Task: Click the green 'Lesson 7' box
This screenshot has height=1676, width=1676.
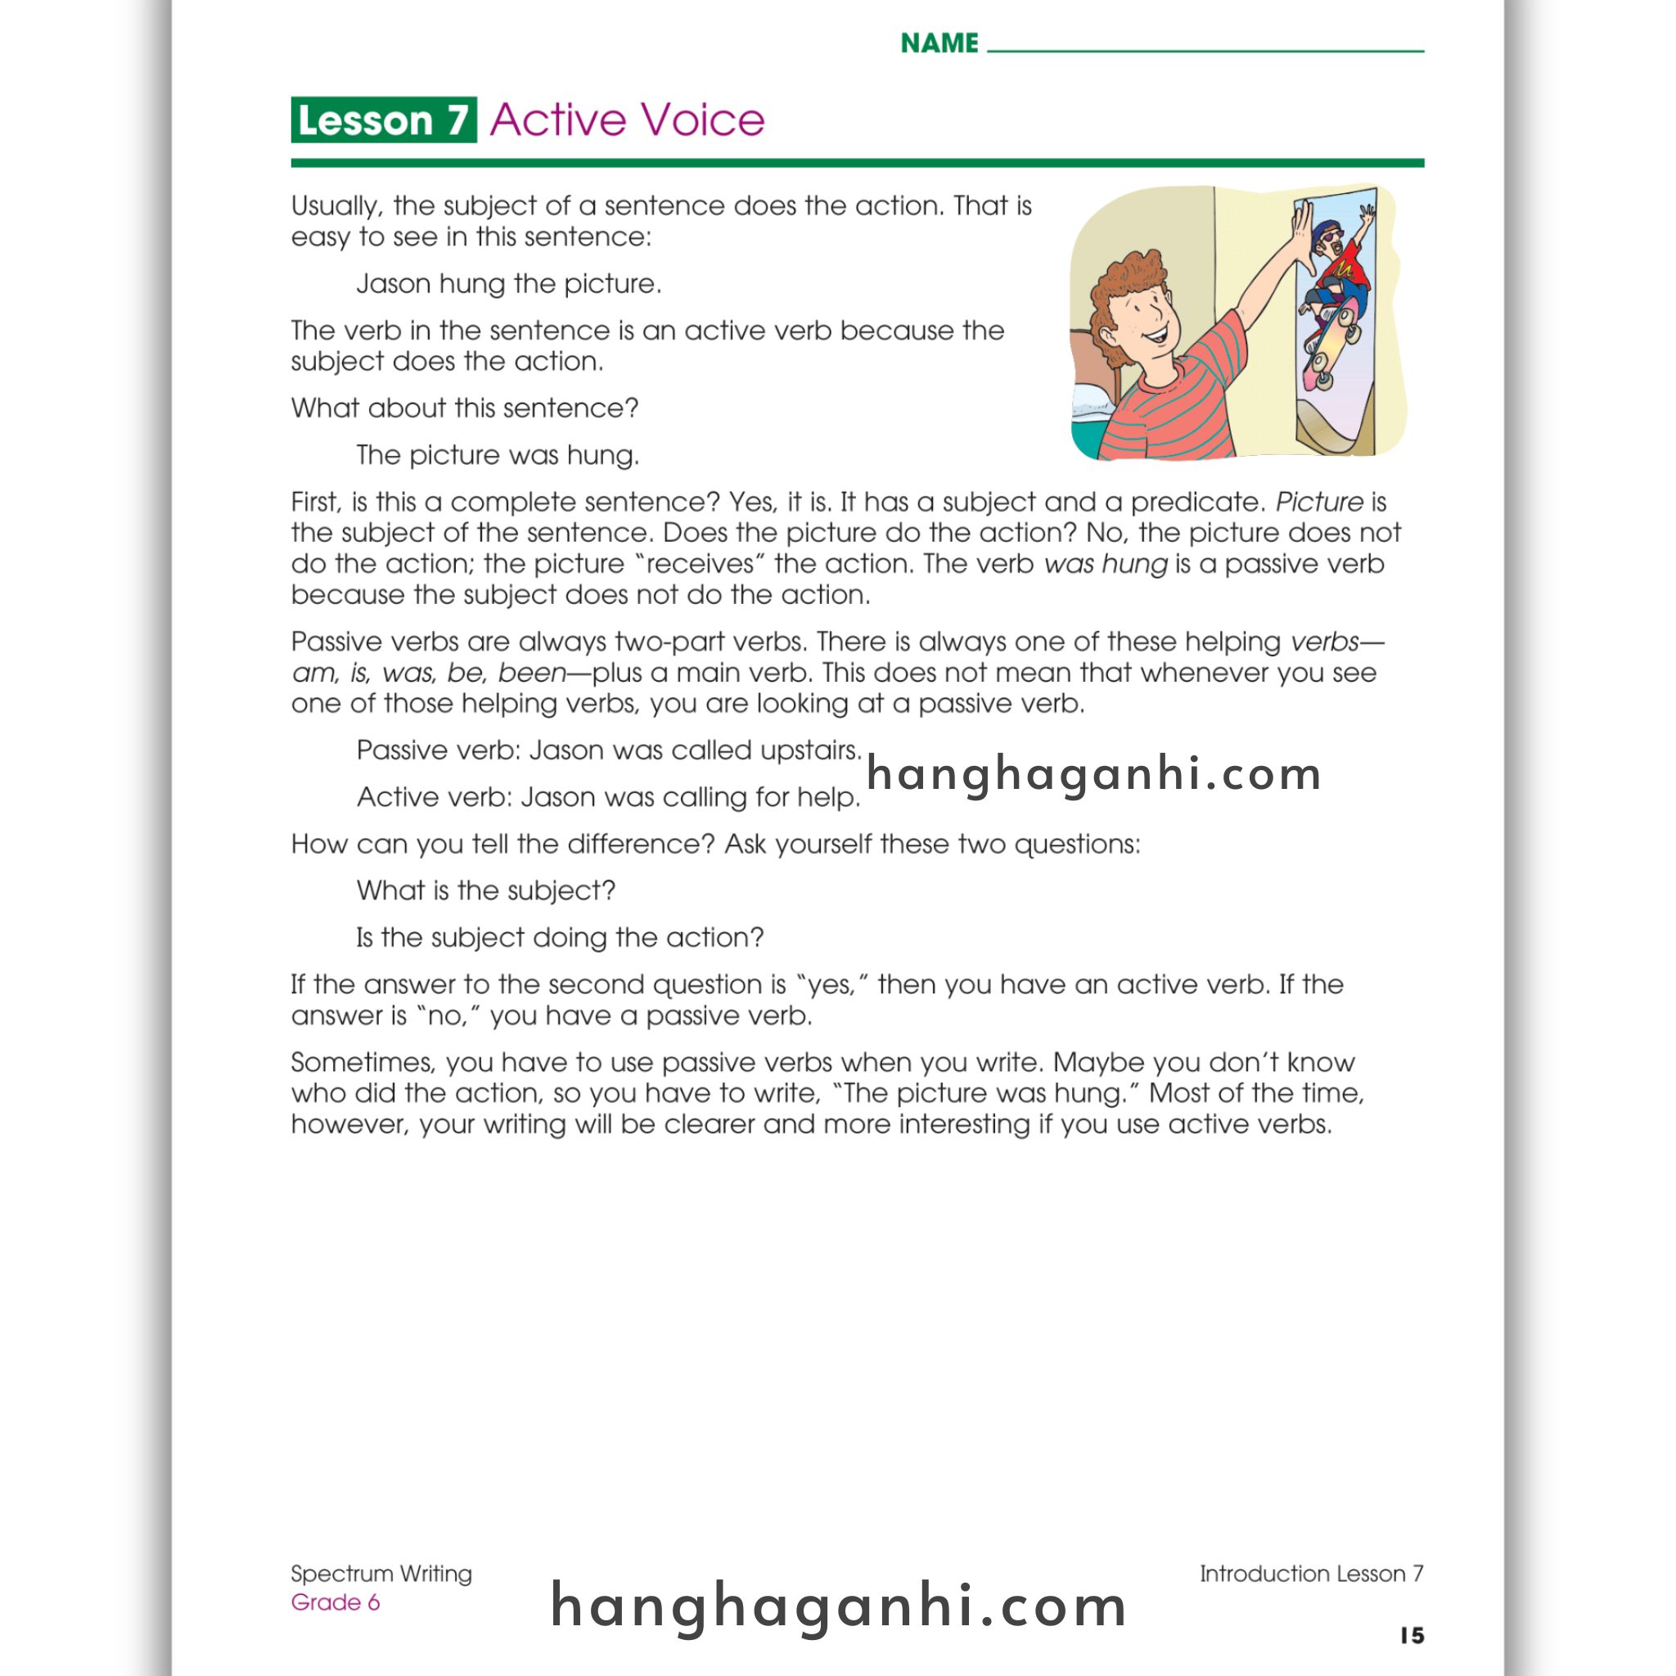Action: pyautogui.click(x=384, y=119)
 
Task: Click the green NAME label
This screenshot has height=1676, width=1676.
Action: pyautogui.click(x=939, y=43)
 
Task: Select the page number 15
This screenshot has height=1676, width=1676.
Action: pyautogui.click(x=1412, y=1635)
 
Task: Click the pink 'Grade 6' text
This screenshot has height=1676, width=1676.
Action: pyautogui.click(x=335, y=1602)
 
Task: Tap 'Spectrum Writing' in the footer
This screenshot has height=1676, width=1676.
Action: pyautogui.click(x=381, y=1574)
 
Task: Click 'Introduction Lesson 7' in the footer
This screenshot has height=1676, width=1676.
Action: pyautogui.click(x=1311, y=1574)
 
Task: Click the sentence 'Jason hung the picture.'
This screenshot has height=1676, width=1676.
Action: pyautogui.click(x=508, y=284)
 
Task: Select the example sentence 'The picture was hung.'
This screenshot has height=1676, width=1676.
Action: pyautogui.click(x=497, y=456)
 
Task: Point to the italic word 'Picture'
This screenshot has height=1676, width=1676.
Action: pyautogui.click(x=1318, y=502)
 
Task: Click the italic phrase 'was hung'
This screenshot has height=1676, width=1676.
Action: pyautogui.click(x=1106, y=565)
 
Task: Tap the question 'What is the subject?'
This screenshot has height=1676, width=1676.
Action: pyautogui.click(x=486, y=891)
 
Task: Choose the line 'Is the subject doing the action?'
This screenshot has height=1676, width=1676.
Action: pyautogui.click(x=560, y=938)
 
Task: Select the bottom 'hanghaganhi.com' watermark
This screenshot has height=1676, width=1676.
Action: pyautogui.click(x=838, y=1606)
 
